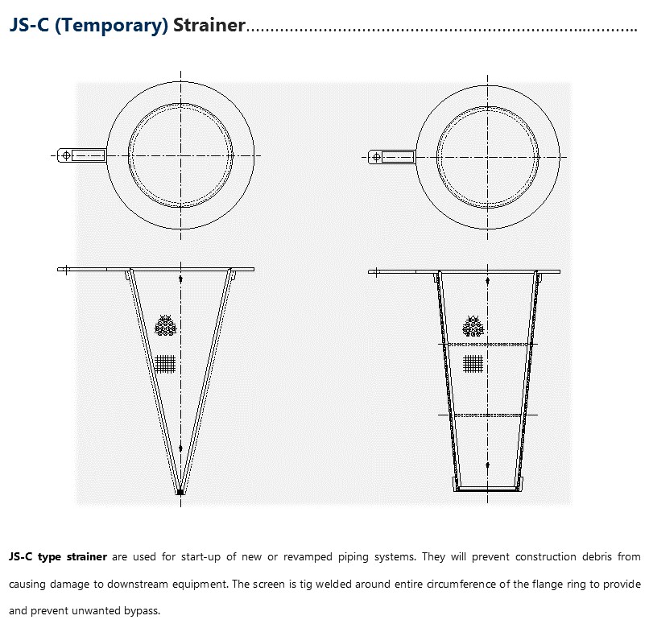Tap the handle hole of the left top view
click(64, 155)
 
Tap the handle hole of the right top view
click(374, 156)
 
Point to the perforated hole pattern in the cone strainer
click(166, 325)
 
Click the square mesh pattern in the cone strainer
click(165, 363)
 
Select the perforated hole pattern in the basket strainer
click(473, 325)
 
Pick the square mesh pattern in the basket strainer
click(473, 363)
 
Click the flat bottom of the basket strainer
click(488, 488)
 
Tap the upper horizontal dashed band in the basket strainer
click(488, 345)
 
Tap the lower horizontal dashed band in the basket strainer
click(488, 415)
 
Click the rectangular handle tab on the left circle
click(88, 155)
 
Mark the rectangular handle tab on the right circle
click(397, 156)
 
